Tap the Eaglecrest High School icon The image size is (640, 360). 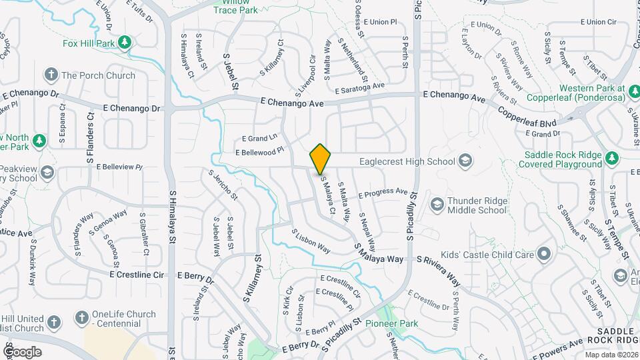[465, 161]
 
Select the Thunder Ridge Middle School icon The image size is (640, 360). [437, 203]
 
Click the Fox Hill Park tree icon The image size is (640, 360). [124, 43]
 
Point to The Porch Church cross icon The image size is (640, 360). [51, 75]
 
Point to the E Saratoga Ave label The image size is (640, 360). [360, 87]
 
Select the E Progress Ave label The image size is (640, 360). [383, 193]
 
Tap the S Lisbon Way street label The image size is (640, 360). [311, 241]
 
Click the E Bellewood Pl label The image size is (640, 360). [259, 153]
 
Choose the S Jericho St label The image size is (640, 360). [223, 185]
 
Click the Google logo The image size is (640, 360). [23, 351]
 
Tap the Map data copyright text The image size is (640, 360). [611, 355]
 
